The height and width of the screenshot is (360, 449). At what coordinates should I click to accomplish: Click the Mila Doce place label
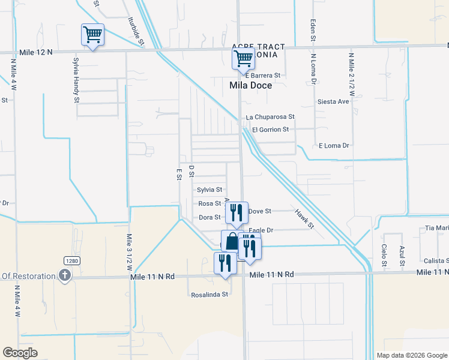point(251,85)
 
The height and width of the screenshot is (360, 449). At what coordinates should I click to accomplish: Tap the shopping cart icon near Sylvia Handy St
point(92,35)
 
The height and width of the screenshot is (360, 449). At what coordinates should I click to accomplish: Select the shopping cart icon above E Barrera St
point(243,59)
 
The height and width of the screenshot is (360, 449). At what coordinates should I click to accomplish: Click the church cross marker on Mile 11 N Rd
point(65,275)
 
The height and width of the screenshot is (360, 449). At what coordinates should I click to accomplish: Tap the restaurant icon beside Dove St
point(237,212)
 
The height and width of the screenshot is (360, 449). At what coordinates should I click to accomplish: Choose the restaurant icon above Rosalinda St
point(225,263)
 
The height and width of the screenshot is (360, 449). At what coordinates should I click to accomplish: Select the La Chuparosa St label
point(270,117)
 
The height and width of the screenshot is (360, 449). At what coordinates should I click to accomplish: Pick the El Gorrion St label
point(271,130)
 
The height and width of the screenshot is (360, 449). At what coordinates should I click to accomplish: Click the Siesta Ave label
point(333,101)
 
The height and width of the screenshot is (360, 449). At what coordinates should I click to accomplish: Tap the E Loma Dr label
point(334,146)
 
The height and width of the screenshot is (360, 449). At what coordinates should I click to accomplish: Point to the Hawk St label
point(304,218)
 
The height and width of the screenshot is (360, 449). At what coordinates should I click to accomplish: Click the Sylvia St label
point(209,190)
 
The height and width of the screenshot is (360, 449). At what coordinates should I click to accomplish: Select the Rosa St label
point(210,203)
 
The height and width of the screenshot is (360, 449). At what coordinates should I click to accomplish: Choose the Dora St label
point(210,217)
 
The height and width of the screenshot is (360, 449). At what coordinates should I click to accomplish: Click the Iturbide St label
point(135,31)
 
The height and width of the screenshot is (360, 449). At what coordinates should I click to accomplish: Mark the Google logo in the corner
point(20,353)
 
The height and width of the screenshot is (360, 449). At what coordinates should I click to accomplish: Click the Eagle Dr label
point(262,230)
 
